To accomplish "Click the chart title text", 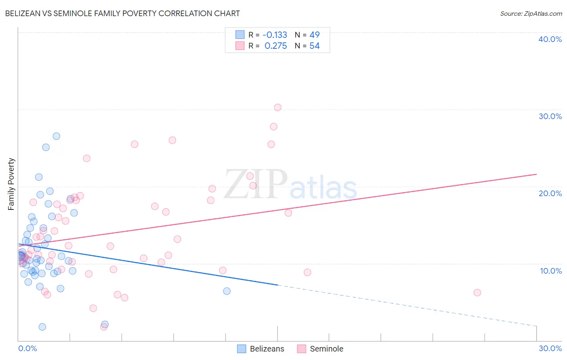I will (x=123, y=14).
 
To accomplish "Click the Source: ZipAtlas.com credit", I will (x=531, y=14).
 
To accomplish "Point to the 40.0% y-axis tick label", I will (x=550, y=39).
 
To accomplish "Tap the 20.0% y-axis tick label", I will (x=550, y=193).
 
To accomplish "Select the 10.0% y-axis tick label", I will (x=550, y=271).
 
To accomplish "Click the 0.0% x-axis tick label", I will (x=27, y=348).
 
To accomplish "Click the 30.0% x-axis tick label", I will (x=550, y=348).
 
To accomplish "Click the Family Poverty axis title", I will (x=11, y=184).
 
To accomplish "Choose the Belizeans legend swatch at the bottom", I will (x=242, y=349).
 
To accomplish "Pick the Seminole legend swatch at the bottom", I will (x=302, y=349).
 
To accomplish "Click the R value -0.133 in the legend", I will (x=275, y=35).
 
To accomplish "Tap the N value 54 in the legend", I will (x=315, y=46).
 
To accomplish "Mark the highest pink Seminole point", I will (x=277, y=107).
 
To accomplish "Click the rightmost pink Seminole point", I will (x=477, y=293).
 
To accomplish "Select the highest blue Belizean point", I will (x=56, y=136).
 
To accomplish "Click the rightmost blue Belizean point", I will (x=227, y=291).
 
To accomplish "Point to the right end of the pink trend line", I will (x=536, y=174).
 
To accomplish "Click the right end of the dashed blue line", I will (x=536, y=326).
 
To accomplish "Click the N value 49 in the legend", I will (x=315, y=35).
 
